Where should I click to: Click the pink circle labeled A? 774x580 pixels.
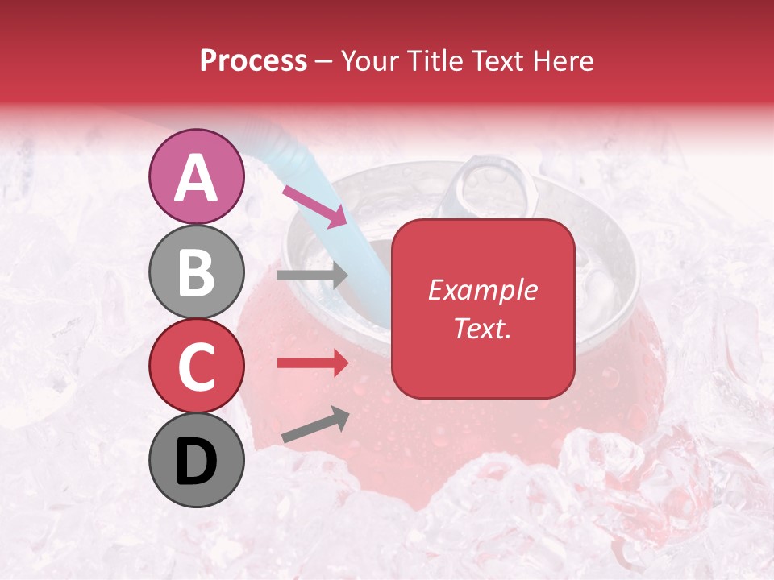pyautogui.click(x=197, y=176)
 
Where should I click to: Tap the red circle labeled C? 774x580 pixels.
pyautogui.click(x=197, y=366)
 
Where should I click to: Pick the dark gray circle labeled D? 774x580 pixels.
pyautogui.click(x=197, y=460)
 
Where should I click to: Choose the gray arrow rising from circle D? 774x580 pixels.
pyautogui.click(x=315, y=424)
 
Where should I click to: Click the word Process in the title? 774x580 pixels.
pyautogui.click(x=253, y=61)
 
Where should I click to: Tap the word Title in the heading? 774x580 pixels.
pyautogui.click(x=436, y=61)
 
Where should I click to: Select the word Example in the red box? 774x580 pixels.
pyautogui.click(x=482, y=290)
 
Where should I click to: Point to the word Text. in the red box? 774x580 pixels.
pyautogui.click(x=482, y=328)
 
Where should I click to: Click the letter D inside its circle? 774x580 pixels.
pyautogui.click(x=197, y=462)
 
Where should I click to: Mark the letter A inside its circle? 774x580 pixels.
pyautogui.click(x=197, y=178)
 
